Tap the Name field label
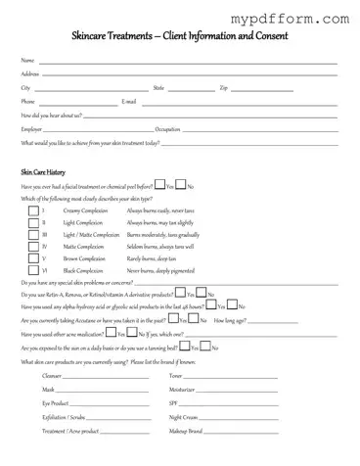tap(26, 61)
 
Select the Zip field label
tap(223, 87)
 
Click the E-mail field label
tap(128, 101)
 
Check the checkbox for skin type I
tap(35, 210)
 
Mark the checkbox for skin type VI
tap(35, 269)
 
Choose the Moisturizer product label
tap(183, 390)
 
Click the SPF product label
tap(174, 402)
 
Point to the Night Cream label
tap(184, 416)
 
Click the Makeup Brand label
tap(186, 430)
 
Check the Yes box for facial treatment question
tap(160, 186)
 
